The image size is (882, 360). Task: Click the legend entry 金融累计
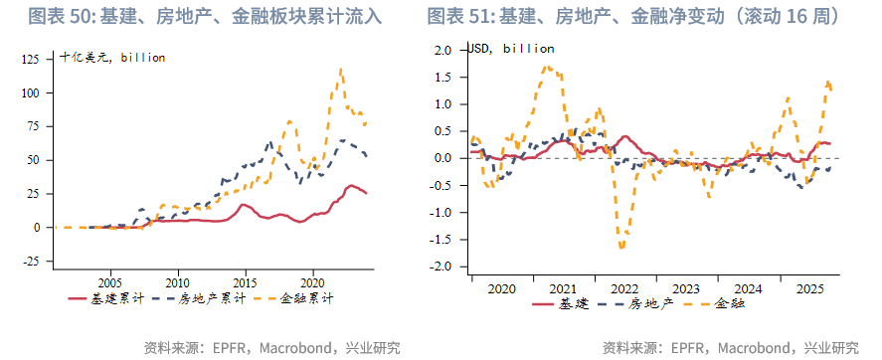click(x=308, y=297)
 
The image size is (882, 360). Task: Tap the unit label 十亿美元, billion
click(x=111, y=57)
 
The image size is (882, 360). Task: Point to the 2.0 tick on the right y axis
click(x=442, y=50)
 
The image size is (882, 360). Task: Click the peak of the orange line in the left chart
click(x=341, y=70)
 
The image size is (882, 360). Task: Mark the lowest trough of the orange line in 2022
click(x=621, y=248)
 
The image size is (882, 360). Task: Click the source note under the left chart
click(x=271, y=347)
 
